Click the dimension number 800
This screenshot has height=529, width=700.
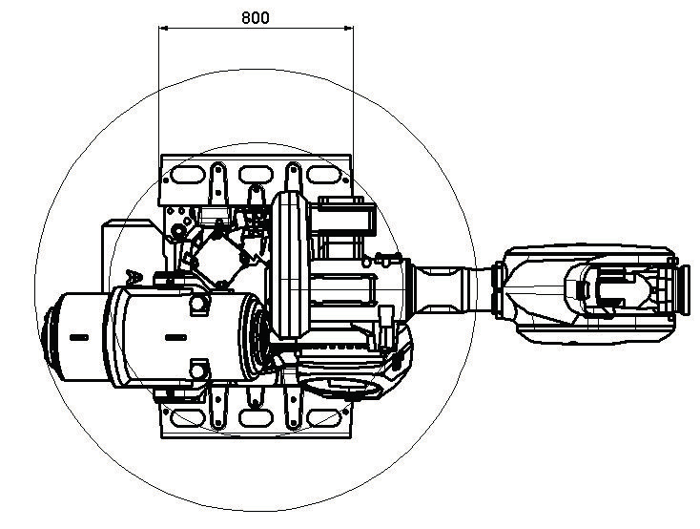(x=256, y=17)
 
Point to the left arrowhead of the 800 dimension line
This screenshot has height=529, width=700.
(x=163, y=29)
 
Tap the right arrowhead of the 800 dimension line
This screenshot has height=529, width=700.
(x=349, y=29)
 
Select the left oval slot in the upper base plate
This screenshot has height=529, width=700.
(x=188, y=175)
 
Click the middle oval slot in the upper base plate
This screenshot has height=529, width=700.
(x=256, y=175)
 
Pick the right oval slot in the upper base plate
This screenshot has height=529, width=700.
(x=324, y=175)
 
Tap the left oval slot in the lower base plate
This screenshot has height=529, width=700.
(x=188, y=417)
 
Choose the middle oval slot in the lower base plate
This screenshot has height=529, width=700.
(x=256, y=417)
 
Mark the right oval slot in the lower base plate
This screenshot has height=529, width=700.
(x=324, y=417)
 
